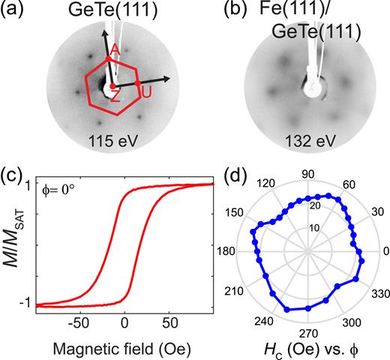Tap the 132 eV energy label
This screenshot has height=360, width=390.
click(x=308, y=139)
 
